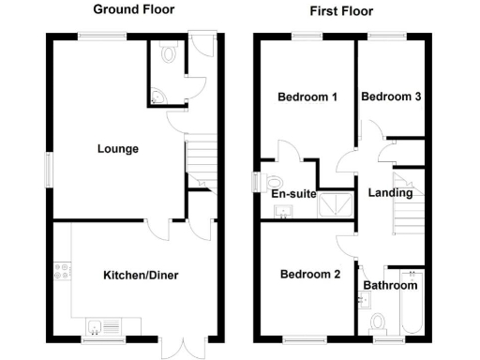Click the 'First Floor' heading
coord(341,11)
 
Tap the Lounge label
coord(118,149)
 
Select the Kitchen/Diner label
coord(141,275)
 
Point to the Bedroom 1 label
coord(307,97)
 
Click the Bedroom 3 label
coord(390,97)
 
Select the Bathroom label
coord(390,285)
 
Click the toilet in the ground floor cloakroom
coord(169,55)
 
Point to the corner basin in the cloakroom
coord(157,96)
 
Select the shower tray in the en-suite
coord(333,205)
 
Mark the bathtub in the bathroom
coord(410,305)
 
